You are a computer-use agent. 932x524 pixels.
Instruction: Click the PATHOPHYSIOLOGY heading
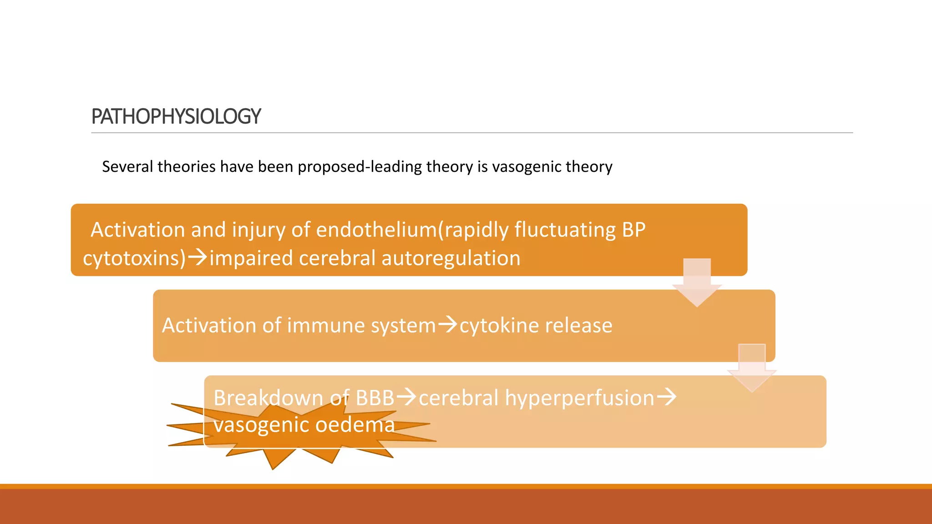click(176, 116)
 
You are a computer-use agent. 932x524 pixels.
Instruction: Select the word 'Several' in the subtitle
click(127, 167)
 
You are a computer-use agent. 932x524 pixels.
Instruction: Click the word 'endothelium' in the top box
click(376, 230)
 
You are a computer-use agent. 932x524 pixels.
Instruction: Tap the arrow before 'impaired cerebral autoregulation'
click(198, 257)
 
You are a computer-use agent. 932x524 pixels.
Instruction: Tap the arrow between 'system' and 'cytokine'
click(447, 325)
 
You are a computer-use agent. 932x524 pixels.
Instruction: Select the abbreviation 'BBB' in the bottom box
click(375, 398)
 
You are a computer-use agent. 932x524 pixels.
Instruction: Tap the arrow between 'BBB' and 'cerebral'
click(406, 397)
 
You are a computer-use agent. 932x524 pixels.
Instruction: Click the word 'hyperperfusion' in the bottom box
click(579, 398)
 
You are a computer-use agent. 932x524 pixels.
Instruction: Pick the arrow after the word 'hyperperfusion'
click(667, 397)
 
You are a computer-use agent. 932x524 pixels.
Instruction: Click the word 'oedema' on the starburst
click(355, 425)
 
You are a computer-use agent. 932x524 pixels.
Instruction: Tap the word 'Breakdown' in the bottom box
click(268, 398)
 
